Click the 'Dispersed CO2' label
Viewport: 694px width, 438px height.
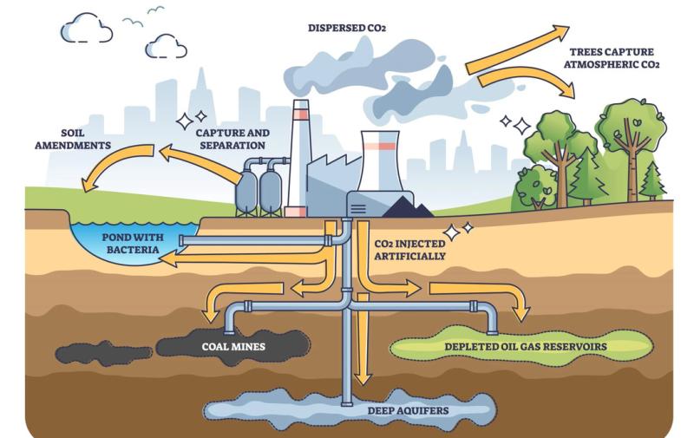coord(347,28)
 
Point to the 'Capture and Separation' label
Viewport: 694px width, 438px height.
coord(232,139)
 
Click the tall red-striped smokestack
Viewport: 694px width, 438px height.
coord(300,156)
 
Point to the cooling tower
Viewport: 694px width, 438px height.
coord(380,160)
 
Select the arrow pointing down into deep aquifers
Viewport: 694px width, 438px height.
coord(363,347)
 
